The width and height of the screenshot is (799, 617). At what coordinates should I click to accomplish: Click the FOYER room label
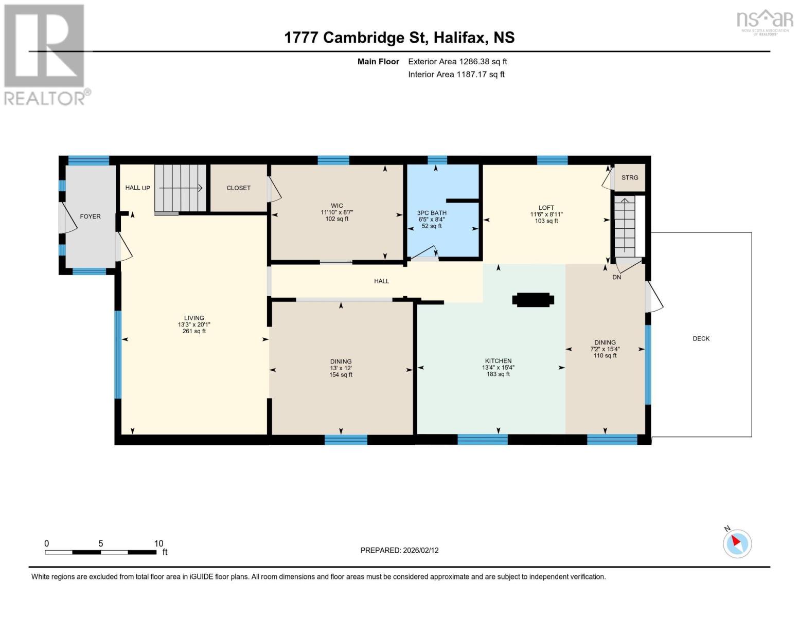[90, 216]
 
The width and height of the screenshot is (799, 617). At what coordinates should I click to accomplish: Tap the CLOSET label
[238, 188]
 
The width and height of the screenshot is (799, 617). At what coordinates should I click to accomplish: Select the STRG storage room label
[629, 177]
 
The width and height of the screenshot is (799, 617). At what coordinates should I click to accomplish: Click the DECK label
[701, 338]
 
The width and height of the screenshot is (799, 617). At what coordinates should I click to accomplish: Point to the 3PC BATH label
[432, 213]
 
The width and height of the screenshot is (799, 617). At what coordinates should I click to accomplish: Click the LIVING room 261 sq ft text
[194, 331]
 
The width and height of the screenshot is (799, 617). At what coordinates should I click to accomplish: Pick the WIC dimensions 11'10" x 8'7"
[337, 212]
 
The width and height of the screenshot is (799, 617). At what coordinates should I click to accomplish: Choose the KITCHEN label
[498, 361]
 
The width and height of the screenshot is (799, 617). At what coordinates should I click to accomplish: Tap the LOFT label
[546, 208]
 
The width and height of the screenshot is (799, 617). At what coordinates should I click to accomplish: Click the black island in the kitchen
[533, 300]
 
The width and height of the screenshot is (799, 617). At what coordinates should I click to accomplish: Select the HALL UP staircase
[180, 188]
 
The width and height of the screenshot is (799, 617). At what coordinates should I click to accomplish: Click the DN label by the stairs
[616, 277]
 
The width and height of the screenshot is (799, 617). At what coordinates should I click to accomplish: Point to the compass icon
[737, 543]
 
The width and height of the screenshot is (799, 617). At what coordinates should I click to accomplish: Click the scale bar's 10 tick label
[158, 543]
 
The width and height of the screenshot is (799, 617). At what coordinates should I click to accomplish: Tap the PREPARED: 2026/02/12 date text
[399, 550]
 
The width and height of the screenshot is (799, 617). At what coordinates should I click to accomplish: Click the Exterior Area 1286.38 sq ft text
[457, 62]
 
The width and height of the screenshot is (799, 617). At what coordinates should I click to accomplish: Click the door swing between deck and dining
[653, 298]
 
